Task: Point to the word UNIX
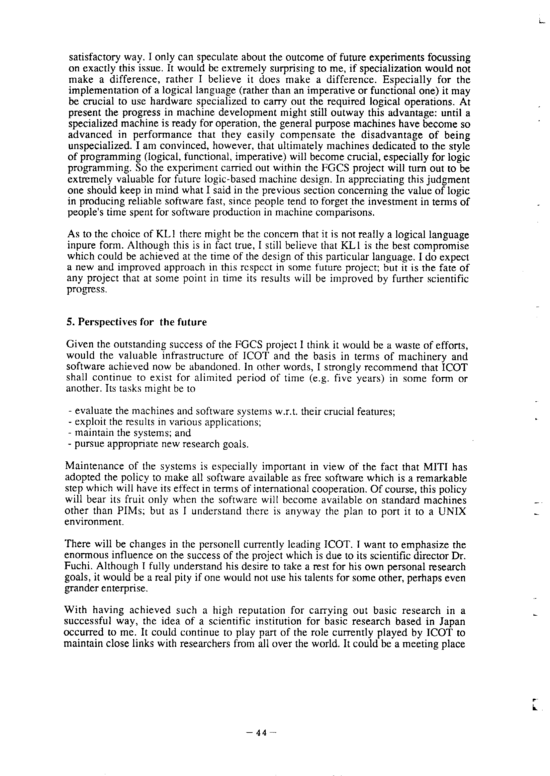coord(452,511)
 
